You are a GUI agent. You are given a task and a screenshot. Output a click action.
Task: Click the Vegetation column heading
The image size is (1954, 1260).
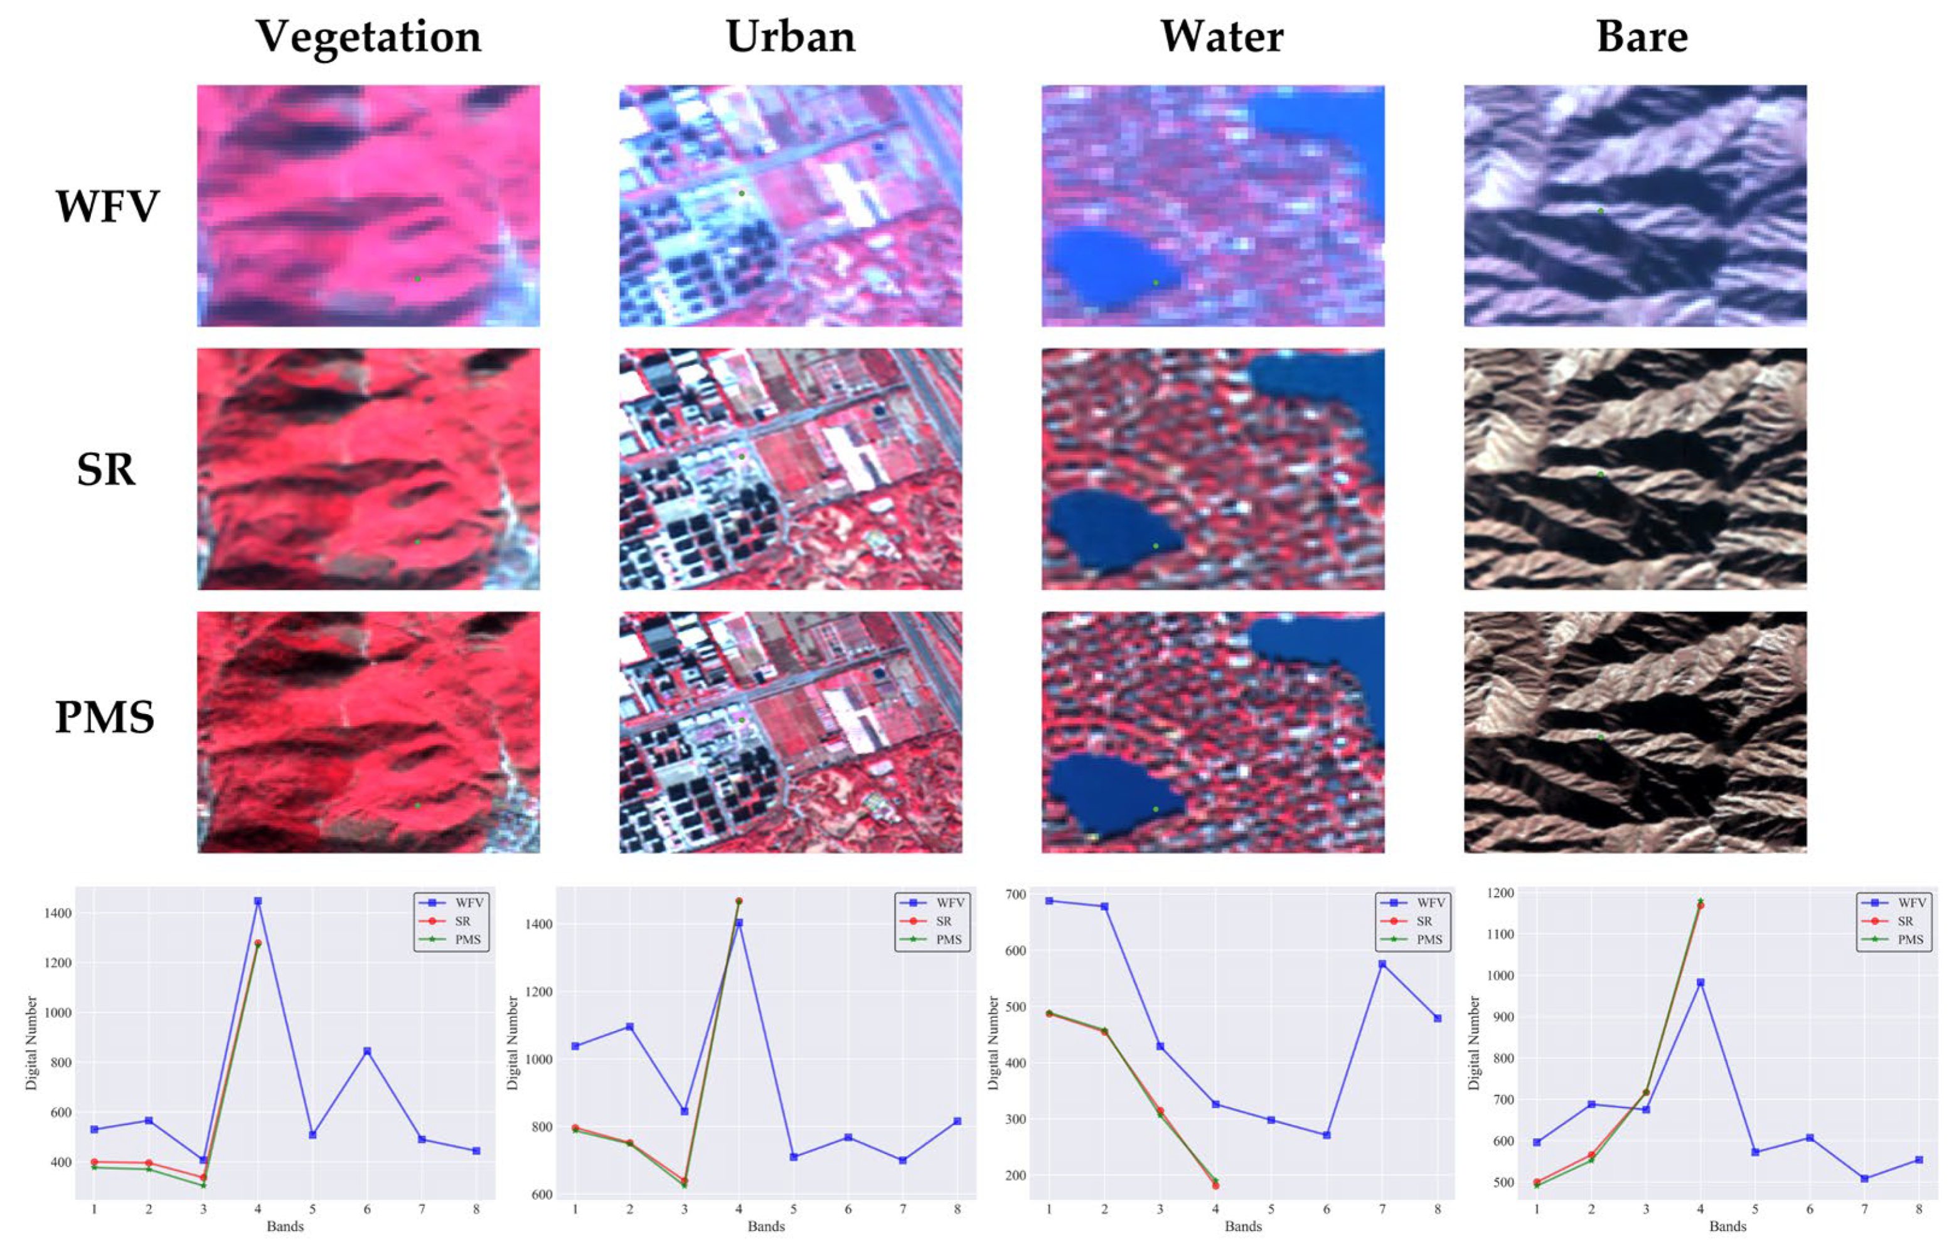[x=368, y=38]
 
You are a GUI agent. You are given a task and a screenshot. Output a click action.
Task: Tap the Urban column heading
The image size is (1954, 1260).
[x=790, y=38]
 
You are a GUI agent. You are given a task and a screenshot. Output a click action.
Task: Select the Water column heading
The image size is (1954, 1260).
[x=1221, y=38]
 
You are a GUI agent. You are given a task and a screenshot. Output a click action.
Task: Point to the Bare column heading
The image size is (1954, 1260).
[x=1642, y=38]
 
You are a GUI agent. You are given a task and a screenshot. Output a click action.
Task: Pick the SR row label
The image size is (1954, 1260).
[x=106, y=469]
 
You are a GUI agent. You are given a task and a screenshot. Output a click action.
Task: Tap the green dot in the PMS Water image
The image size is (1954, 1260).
[x=1156, y=809]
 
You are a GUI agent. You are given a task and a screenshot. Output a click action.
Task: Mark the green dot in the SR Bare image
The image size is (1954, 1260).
[x=1601, y=474]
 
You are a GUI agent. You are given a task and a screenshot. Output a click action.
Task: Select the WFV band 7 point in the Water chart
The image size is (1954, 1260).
[x=1382, y=964]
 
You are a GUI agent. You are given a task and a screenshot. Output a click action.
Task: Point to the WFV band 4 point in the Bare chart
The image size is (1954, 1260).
[x=1700, y=983]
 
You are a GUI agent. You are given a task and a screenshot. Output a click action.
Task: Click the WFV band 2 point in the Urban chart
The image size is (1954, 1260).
[x=630, y=1027]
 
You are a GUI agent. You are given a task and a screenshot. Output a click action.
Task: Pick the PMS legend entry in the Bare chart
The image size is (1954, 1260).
[x=1910, y=939]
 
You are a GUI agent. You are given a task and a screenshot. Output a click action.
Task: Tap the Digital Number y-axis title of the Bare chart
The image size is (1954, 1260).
[x=1474, y=1043]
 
